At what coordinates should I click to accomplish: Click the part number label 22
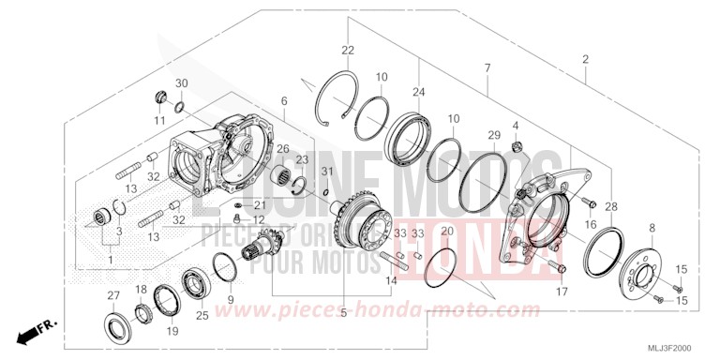[x=348, y=50]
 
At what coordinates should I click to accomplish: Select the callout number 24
[x=417, y=92]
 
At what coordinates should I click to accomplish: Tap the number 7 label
[x=487, y=68]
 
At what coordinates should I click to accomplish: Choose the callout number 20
[x=446, y=231]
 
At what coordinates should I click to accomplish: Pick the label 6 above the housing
[x=283, y=99]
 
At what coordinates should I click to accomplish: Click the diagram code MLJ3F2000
[x=672, y=347]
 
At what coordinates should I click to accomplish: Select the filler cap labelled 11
[x=159, y=98]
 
